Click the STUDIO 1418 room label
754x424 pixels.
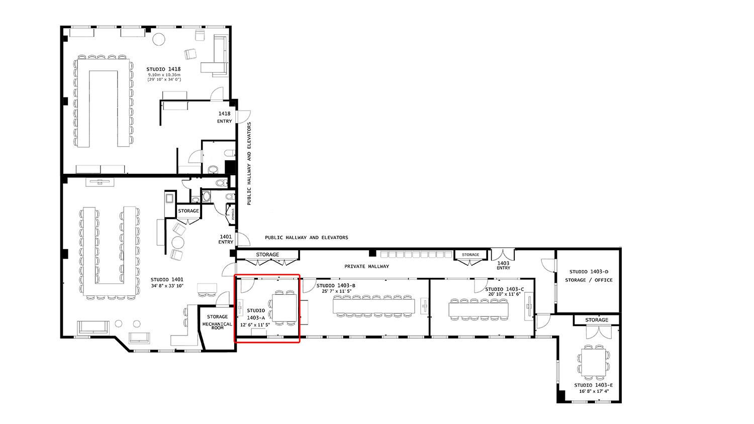[163, 69]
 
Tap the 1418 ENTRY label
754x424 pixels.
[225, 117]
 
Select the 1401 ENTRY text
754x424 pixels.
[226, 239]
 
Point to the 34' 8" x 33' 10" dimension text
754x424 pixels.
[167, 286]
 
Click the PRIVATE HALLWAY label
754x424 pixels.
[366, 266]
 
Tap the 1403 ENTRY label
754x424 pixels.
[503, 265]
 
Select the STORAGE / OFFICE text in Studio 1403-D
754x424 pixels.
[589, 280]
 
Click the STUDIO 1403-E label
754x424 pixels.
[593, 385]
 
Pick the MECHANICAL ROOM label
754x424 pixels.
[217, 326]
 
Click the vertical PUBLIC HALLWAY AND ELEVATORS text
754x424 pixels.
[249, 163]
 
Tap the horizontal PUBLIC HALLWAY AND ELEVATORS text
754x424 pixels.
[306, 238]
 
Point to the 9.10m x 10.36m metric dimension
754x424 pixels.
[164, 75]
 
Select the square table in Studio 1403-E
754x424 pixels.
[593, 362]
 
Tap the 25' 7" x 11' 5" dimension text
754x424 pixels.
[336, 291]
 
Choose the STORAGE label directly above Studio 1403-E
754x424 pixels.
[596, 320]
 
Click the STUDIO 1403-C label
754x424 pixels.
[504, 289]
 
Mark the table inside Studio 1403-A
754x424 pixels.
[285, 308]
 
